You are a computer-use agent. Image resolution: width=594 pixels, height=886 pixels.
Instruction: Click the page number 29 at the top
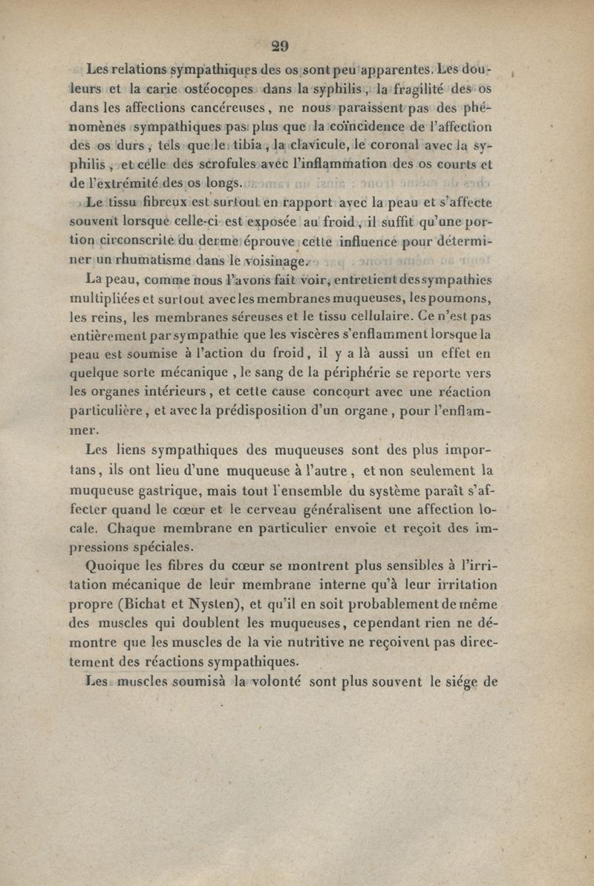[280, 45]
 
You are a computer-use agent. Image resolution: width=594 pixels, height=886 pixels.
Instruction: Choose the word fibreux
[163, 202]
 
